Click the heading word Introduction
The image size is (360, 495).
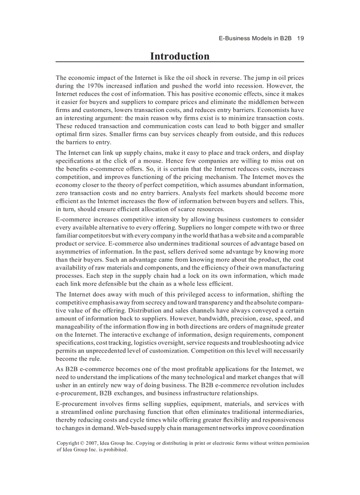[180, 56]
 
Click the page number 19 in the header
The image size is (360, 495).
[300, 38]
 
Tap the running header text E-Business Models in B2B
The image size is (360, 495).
[255, 38]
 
